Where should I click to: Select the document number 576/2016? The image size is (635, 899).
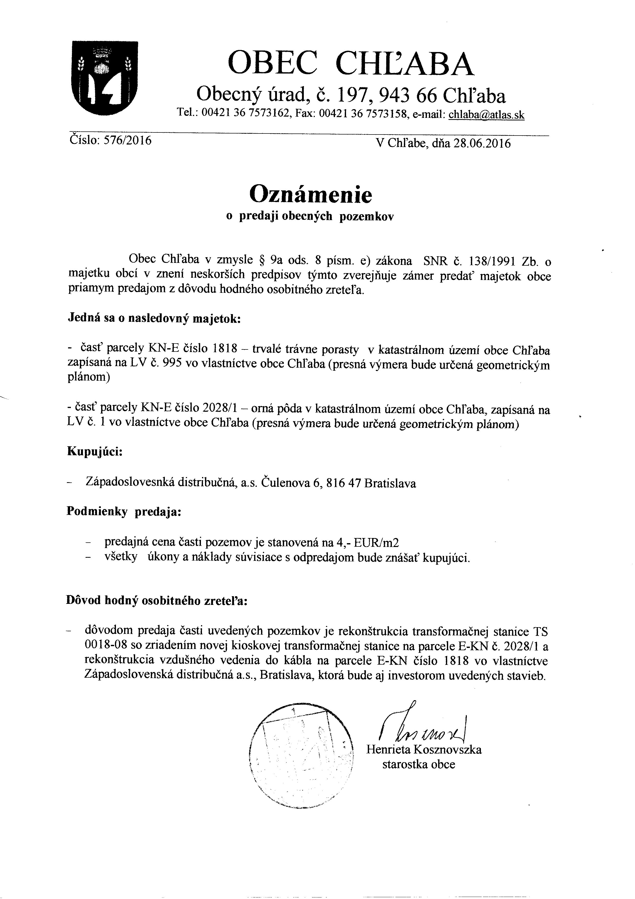[x=127, y=140]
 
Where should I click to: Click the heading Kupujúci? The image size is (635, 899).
[x=95, y=451]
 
